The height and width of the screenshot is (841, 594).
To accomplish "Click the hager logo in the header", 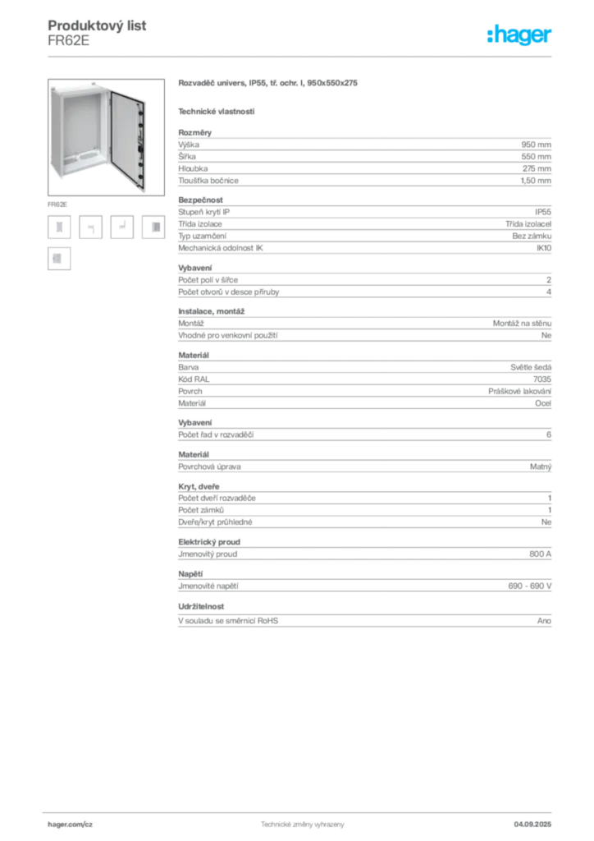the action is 519,34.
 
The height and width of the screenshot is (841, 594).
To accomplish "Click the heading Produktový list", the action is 97,25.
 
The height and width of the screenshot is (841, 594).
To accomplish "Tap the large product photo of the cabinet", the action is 106,137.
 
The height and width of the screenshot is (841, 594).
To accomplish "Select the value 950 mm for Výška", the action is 536,145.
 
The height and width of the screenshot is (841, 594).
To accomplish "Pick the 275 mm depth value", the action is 537,168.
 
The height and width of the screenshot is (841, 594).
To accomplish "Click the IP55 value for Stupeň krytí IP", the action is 543,212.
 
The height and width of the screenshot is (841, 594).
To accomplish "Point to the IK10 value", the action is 544,248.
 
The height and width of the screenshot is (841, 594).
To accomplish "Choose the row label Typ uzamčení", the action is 202,236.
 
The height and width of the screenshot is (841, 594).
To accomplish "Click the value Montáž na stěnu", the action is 522,324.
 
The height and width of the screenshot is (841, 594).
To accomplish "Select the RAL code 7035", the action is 542,379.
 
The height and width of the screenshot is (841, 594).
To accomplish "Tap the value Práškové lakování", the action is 519,392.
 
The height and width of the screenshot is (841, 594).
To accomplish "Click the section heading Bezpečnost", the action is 200,200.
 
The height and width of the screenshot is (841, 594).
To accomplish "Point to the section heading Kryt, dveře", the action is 199,486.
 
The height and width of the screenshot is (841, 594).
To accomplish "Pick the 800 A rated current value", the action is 540,554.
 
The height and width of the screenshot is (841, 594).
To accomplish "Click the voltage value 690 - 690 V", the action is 530,586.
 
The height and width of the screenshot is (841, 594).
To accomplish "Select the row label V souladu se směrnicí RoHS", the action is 228,621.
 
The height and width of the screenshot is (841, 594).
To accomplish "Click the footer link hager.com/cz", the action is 71,825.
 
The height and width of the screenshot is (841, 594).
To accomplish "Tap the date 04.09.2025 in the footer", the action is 532,825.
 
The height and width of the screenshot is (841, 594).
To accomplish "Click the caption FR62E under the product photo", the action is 57,205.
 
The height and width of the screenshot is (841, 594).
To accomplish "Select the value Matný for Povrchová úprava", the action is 541,466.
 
